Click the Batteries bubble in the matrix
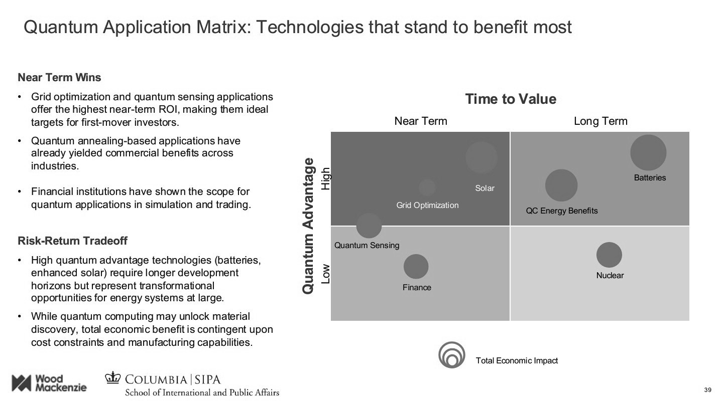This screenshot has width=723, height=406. pyautogui.click(x=648, y=152)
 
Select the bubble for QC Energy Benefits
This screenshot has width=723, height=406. pyautogui.click(x=561, y=185)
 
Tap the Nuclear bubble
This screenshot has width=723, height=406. pyautogui.click(x=609, y=255)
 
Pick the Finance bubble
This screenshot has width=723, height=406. pyautogui.click(x=416, y=267)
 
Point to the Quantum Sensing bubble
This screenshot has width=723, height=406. pyautogui.click(x=369, y=226)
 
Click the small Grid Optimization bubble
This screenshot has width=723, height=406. pyautogui.click(x=427, y=187)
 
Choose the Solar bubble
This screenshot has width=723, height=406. pyautogui.click(x=481, y=157)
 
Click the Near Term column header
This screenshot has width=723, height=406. pyautogui.click(x=421, y=121)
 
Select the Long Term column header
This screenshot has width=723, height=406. pyautogui.click(x=600, y=121)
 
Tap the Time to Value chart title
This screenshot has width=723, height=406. pyautogui.click(x=511, y=99)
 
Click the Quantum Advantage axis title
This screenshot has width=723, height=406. pyautogui.click(x=309, y=226)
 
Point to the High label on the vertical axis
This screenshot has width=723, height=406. pyautogui.click(x=326, y=178)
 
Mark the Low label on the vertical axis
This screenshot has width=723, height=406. pyautogui.click(x=326, y=274)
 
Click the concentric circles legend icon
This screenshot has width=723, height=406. pyautogui.click(x=451, y=355)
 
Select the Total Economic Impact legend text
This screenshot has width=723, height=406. pyautogui.click(x=517, y=360)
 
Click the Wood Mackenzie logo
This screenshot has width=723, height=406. pyautogui.click(x=49, y=383)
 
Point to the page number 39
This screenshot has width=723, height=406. pyautogui.click(x=708, y=390)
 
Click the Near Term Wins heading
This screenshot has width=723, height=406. pyautogui.click(x=59, y=78)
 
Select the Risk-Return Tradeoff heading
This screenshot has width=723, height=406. pyautogui.click(x=72, y=241)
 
